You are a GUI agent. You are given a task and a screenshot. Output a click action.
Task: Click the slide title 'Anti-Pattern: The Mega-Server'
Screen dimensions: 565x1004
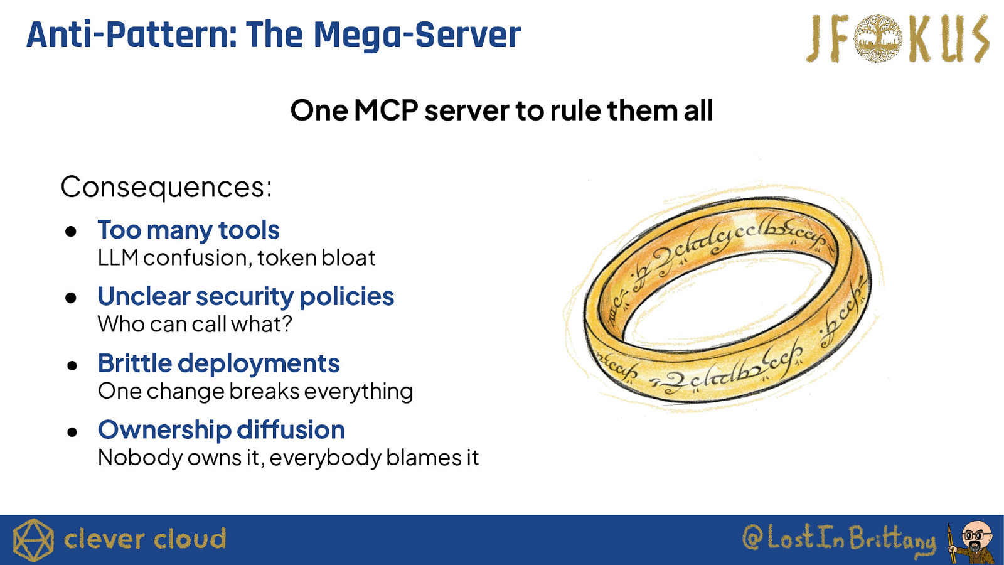click(x=274, y=35)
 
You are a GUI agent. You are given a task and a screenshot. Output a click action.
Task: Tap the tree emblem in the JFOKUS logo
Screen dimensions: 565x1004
click(x=878, y=39)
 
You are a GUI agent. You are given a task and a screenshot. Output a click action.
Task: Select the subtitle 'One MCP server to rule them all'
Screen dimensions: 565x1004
click(x=501, y=110)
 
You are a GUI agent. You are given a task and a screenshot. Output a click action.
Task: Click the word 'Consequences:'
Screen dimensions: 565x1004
click(x=166, y=187)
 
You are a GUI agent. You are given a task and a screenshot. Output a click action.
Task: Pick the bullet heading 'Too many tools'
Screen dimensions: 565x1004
click(x=188, y=230)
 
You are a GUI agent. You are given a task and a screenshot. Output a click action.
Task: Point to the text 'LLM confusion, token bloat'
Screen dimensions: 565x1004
click(x=236, y=258)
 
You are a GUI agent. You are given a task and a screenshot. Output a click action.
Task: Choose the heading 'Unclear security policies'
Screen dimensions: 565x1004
click(x=245, y=296)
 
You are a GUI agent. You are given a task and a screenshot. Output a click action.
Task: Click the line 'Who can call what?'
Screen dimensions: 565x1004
click(x=195, y=324)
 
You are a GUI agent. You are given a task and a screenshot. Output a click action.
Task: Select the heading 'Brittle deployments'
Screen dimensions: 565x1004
click(x=218, y=363)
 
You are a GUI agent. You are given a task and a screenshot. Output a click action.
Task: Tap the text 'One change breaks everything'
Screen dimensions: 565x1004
click(x=255, y=391)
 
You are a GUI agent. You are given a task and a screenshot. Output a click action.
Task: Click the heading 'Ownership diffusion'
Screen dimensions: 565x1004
click(x=221, y=430)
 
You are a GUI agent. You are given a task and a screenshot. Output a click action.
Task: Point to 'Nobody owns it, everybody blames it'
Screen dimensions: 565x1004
click(x=288, y=458)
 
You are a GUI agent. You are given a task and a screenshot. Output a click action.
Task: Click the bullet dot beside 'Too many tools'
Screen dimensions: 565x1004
click(x=71, y=232)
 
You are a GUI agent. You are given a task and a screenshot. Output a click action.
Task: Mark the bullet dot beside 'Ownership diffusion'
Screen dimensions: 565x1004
click(x=72, y=432)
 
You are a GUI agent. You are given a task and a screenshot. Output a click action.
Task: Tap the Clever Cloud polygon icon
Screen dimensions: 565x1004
click(x=33, y=540)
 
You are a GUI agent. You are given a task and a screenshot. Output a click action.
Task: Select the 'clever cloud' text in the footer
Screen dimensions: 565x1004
click(x=145, y=539)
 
